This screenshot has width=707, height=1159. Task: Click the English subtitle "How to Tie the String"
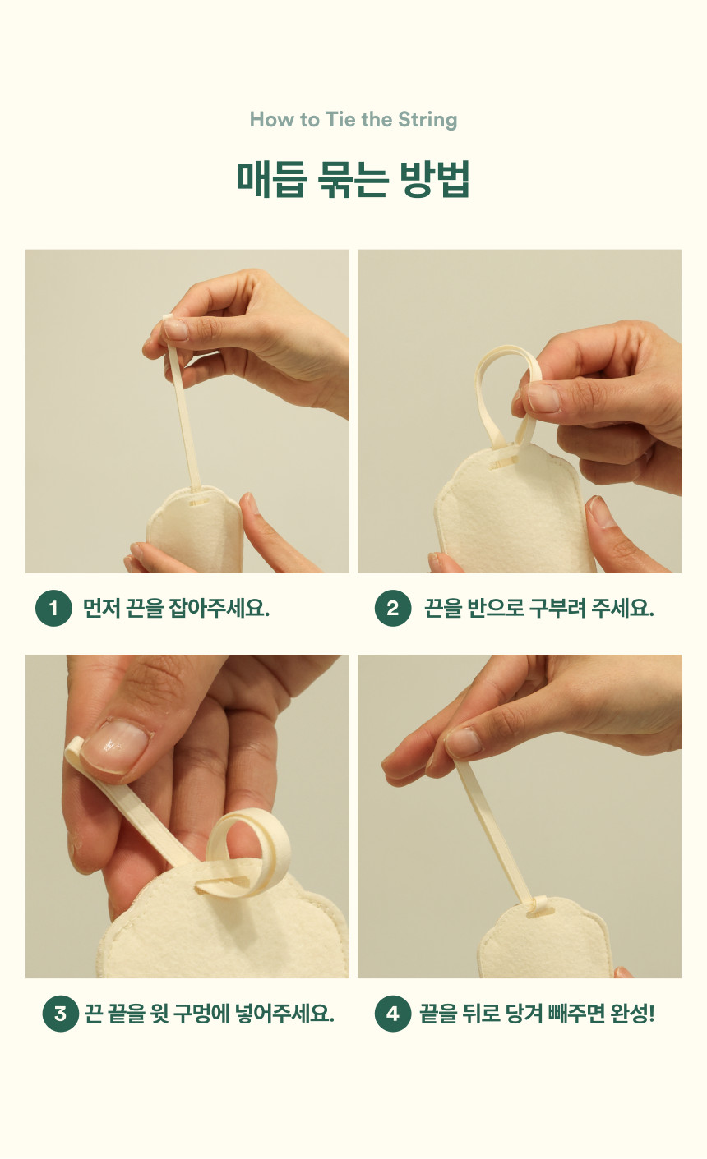click(353, 120)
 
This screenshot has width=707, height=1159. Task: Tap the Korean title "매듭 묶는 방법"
click(353, 179)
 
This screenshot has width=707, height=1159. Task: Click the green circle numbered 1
click(53, 608)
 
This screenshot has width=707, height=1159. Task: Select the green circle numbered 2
click(393, 608)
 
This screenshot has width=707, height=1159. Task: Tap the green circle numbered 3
click(61, 1013)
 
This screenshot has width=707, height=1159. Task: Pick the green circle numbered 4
click(393, 1013)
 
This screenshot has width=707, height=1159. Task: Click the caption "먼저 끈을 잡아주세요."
click(176, 608)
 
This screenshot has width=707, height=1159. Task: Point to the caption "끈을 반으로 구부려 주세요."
click(539, 608)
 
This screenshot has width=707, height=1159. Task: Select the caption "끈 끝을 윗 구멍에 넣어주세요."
click(209, 1013)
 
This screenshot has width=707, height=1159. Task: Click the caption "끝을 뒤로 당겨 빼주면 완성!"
click(537, 1013)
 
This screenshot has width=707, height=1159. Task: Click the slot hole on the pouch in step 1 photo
click(198, 502)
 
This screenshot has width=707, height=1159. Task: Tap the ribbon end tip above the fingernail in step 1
click(167, 317)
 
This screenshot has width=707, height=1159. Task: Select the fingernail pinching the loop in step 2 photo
click(543, 398)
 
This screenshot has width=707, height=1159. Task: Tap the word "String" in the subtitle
click(427, 121)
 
